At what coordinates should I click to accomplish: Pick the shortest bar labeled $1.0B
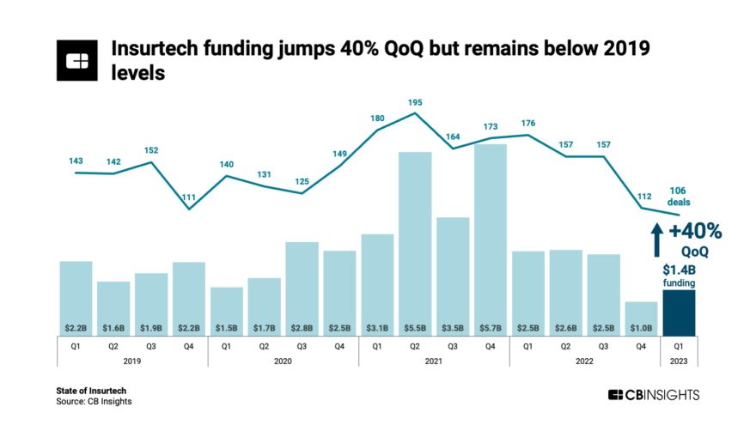641,316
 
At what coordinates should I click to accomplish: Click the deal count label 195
415,102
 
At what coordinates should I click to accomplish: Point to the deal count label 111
188,197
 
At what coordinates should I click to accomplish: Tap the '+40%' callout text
693,231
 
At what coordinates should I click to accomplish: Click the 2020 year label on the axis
283,361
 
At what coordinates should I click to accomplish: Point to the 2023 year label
679,361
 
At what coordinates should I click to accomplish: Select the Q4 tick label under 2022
641,346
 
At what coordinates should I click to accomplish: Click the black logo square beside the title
78,60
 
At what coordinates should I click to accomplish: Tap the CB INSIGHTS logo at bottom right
654,394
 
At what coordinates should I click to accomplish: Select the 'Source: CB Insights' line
94,401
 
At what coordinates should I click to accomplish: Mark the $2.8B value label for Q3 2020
302,328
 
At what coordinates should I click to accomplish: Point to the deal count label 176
528,123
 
